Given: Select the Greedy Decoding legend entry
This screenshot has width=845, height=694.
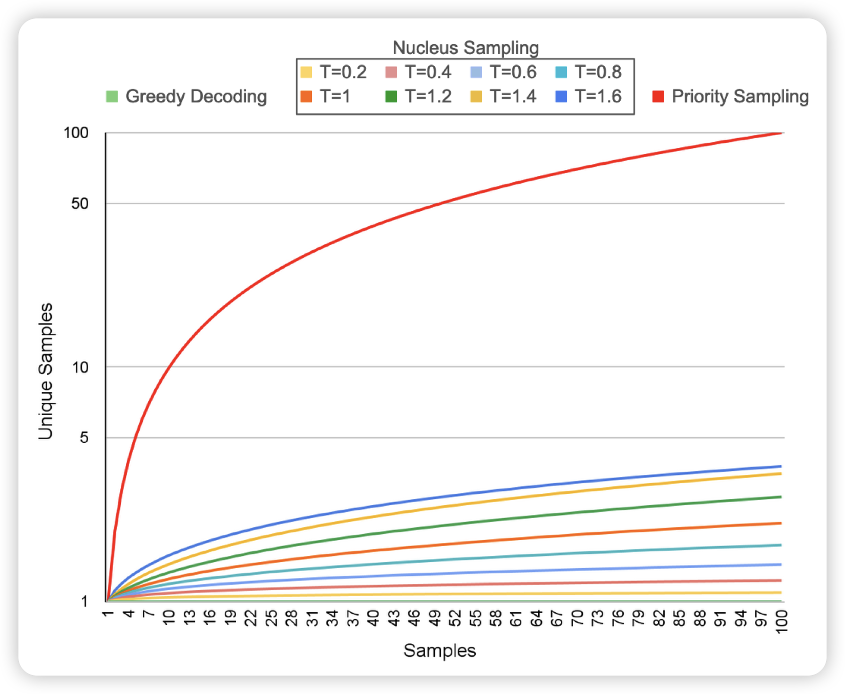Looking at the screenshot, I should pos(187,96).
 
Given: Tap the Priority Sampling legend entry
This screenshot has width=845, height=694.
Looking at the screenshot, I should pos(731,96).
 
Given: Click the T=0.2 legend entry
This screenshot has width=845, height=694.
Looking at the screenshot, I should pos(334,72).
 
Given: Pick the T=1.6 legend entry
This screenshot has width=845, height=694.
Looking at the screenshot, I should pos(589,96).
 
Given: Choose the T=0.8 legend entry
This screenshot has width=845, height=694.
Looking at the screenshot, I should pos(589,72).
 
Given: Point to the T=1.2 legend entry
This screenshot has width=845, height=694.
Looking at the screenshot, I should pos(419,96).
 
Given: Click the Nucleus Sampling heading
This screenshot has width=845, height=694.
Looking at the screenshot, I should pos(466,48).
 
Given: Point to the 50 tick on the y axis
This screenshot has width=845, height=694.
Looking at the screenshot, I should pos(80,204).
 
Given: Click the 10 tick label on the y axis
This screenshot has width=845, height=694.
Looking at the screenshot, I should pos(80,367).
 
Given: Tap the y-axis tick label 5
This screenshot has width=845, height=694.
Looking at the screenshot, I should pos(84,438).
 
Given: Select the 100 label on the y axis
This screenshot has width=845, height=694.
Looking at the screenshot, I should pos(76,133).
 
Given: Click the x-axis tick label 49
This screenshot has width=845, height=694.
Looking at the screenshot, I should pos(435,618).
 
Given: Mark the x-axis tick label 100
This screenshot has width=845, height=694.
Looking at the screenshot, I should pos(781,621).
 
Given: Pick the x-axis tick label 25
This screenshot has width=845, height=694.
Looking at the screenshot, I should pos(271,618).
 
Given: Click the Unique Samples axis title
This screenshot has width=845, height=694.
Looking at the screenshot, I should pos(46,371).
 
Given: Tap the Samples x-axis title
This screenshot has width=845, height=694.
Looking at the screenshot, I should pos(439,650).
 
